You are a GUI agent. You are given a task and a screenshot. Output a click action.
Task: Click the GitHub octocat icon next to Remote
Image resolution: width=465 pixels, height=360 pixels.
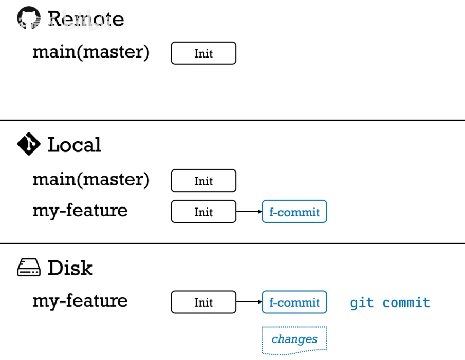coord(28,18)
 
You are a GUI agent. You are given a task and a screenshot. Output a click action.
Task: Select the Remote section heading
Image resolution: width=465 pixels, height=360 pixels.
coord(86,19)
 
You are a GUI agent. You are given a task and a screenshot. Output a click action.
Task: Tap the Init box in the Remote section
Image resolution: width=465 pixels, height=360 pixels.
coord(203,53)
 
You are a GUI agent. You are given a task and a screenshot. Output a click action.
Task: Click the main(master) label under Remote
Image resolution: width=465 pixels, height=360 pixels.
coord(91,52)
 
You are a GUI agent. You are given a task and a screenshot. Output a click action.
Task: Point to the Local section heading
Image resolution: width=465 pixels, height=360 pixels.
coord(75,145)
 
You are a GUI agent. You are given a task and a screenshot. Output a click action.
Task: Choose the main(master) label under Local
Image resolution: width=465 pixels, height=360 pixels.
coord(91,179)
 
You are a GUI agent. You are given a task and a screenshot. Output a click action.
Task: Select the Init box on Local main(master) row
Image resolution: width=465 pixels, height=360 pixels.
coord(203,181)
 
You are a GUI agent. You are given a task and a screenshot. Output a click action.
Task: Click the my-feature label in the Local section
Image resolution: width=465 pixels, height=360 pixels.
coord(80,211)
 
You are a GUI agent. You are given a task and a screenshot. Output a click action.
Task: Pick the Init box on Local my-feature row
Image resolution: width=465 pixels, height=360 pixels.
coord(203,212)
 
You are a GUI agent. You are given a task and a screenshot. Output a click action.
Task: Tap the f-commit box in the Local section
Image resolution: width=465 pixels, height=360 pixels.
coord(294,212)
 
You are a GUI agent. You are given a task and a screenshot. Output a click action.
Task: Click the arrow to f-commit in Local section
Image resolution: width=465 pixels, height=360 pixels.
coord(249,212)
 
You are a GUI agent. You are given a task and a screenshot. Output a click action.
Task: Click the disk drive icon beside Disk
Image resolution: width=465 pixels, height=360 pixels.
coord(29,268)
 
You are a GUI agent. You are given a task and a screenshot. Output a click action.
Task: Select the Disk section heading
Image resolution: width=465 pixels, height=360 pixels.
coord(70,268)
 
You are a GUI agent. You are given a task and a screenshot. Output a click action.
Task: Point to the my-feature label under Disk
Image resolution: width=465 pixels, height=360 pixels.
coord(80,301)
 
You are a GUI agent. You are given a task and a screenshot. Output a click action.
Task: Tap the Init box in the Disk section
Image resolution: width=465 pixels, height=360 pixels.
coord(203,302)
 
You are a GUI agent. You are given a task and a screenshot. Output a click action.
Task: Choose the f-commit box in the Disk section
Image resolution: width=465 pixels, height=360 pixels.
coord(294,302)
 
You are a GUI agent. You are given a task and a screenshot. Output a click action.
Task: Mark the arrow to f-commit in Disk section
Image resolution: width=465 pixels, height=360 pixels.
coord(249,302)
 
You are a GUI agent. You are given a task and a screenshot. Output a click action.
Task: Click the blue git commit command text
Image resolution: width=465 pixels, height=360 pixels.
coord(390,302)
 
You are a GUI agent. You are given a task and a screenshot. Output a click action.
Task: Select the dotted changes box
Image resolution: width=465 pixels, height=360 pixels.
coord(294,339)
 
